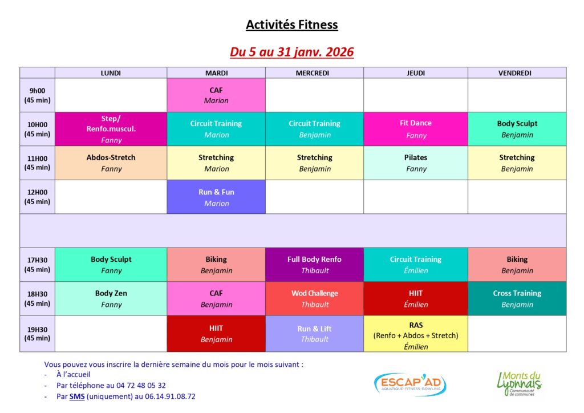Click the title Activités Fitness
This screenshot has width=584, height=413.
291,25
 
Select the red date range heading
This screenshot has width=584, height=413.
291,52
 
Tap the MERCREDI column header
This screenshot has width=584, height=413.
312,73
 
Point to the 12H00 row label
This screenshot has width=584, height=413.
37,197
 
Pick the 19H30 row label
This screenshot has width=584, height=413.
37,334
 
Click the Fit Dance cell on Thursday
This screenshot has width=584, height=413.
416,129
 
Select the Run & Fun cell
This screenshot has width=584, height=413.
216,197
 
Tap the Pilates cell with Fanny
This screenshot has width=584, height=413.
416,163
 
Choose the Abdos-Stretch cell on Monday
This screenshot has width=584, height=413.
111,163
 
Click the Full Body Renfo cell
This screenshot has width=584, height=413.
314,265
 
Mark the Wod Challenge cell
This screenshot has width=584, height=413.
314,299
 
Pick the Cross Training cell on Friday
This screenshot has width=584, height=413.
517,299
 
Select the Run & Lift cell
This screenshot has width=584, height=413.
314,334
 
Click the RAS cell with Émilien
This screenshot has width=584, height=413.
416,334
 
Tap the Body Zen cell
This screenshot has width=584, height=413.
111,299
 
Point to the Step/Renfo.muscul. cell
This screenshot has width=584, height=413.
111,129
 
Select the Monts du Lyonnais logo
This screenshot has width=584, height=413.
519,383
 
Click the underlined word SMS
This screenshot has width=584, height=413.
77,396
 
